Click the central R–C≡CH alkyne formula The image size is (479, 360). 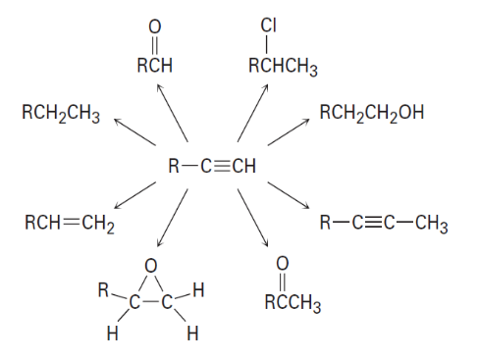coord(212,166)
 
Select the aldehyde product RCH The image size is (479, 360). coord(154,65)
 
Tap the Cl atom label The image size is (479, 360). coord(269,26)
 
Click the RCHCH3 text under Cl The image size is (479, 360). coord(283,67)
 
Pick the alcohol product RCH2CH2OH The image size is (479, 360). coord(372,113)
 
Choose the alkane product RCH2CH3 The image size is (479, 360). coord(61,114)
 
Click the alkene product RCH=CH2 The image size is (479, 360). coord(70,224)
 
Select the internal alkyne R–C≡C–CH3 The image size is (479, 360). coord(384,224)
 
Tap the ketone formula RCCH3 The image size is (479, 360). coord(293,303)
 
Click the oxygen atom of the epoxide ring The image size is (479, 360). coord(151,266)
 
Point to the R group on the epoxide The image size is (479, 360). coord(103,290)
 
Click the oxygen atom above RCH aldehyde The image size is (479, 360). coord(155,26)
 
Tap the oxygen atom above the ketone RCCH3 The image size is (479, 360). coord(283,263)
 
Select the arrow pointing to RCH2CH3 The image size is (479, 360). coord(134,132)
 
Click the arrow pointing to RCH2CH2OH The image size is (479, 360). coord(289,131)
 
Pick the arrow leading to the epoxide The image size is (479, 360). coord(173,218)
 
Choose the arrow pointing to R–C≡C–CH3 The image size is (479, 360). coord(289,195)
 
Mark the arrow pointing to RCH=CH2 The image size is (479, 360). coord(134,195)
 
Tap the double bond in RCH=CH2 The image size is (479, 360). coord(72,223)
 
